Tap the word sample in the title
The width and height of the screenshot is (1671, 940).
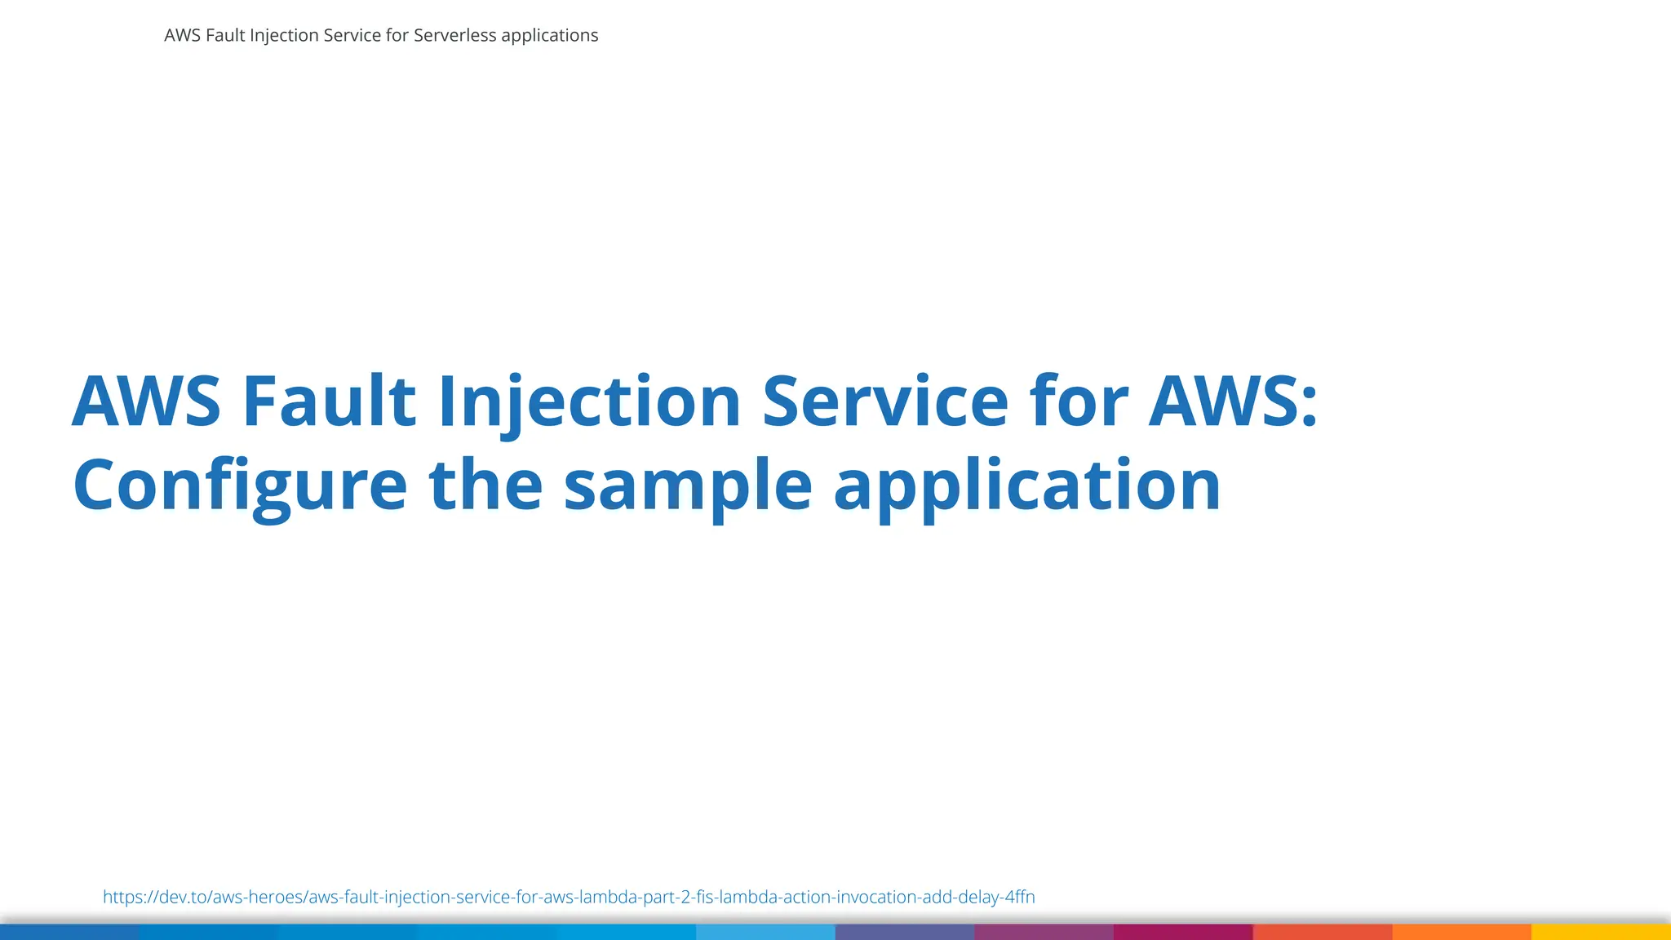click(x=688, y=486)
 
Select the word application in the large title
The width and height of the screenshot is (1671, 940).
click(x=1026, y=486)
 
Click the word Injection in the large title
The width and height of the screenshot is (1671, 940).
click(x=589, y=401)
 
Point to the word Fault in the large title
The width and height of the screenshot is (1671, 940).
click(x=329, y=401)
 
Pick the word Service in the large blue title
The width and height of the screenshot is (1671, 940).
click(x=884, y=401)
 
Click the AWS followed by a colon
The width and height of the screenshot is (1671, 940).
click(x=1232, y=401)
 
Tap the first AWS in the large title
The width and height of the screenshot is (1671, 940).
click(x=147, y=401)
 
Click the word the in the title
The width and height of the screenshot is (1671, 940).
click(x=485, y=486)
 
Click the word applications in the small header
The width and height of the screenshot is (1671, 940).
click(x=549, y=36)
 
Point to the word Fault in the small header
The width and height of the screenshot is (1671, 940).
click(x=225, y=36)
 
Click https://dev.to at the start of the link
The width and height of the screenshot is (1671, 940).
click(x=155, y=897)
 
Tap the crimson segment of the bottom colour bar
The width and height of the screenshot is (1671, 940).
click(x=1183, y=932)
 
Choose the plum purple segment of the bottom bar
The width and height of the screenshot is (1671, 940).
click(x=1044, y=932)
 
